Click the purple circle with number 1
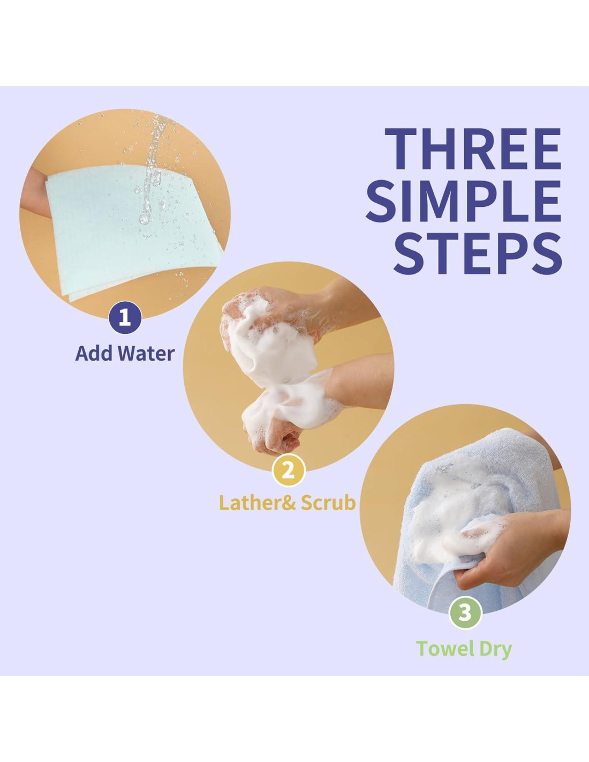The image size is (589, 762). coord(125,318)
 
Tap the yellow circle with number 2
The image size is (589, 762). coord(289,470)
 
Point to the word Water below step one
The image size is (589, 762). coord(146,354)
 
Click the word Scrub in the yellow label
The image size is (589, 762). coord(328,503)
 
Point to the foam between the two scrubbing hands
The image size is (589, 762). coord(280,361)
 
